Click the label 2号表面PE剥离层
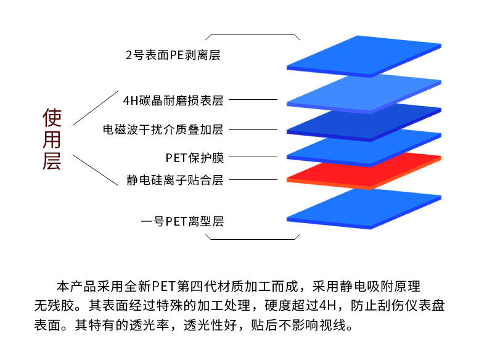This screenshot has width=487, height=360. tap(173, 55)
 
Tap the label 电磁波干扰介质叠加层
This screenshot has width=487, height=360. tap(163, 130)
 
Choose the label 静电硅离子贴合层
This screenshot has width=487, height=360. tap(174, 180)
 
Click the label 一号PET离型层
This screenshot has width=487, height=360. tap(182, 221)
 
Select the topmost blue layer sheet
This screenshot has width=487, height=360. tap(364, 55)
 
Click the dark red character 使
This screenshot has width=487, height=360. tap(52, 117)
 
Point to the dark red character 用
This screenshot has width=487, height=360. tap(52, 139)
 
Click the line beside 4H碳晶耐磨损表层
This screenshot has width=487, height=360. tap(253, 99)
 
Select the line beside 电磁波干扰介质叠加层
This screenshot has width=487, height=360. tap(253, 130)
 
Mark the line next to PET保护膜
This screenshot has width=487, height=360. tap(253, 158)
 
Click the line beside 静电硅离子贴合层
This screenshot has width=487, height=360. tap(253, 180)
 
